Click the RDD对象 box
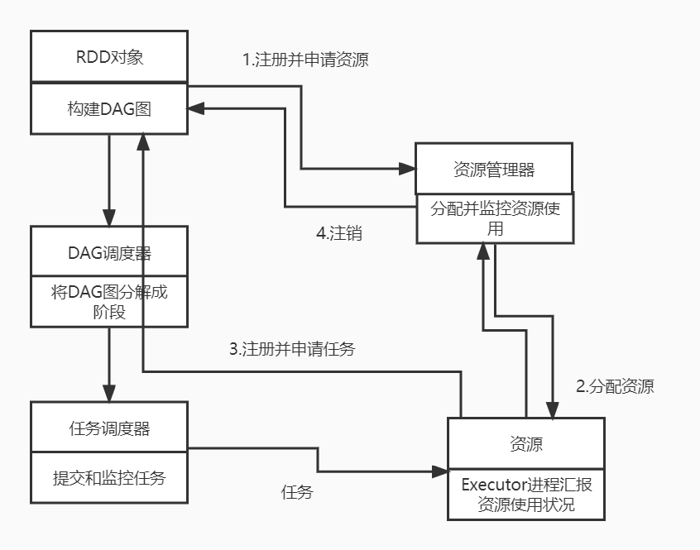109,58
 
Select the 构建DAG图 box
109,108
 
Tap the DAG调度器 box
109,251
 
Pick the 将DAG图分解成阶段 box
109,301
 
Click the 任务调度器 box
109,428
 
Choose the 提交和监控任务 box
109,477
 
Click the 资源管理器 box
494,170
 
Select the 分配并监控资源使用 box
494,218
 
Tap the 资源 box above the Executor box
526,444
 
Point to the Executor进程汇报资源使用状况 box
526,495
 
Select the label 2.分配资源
615,386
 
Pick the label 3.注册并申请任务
292,348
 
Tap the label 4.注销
339,233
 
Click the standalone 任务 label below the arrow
297,492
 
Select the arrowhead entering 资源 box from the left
440,471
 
